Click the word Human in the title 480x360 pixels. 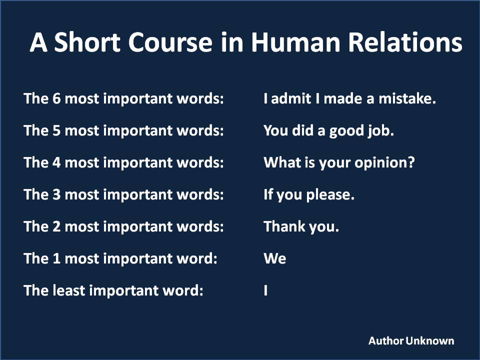(x=295, y=42)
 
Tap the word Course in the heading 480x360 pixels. (x=170, y=42)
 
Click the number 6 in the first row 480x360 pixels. (x=56, y=98)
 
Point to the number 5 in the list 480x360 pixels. (x=56, y=130)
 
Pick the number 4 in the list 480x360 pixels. (x=56, y=162)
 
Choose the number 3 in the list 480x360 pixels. (x=56, y=194)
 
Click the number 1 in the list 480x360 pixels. (x=56, y=258)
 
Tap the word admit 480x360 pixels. (x=291, y=98)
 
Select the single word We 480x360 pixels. (x=275, y=258)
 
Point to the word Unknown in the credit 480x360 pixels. (x=430, y=340)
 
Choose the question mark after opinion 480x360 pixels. (x=411, y=162)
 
